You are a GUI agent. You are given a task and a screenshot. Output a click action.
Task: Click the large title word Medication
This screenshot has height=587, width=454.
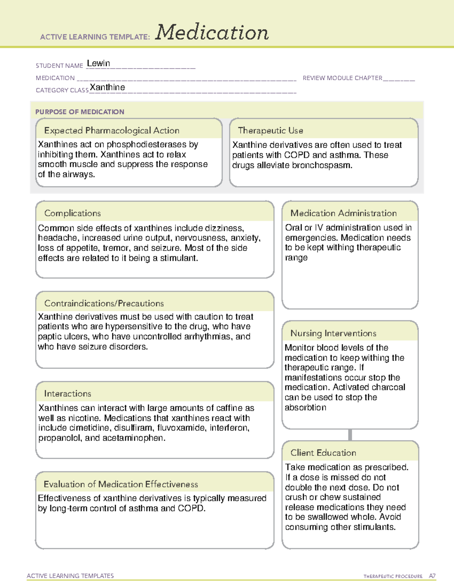(x=212, y=33)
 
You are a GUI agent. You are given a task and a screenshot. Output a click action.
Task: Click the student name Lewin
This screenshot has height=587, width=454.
(x=98, y=64)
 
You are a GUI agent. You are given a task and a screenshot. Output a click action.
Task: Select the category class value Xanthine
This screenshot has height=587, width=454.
(x=107, y=87)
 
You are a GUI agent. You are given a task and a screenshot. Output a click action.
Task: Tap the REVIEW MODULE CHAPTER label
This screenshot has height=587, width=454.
(x=342, y=78)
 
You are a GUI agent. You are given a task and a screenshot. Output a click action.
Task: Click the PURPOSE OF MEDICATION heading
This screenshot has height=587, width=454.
(x=80, y=112)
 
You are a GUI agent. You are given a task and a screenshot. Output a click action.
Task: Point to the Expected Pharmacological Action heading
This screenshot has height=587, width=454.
(x=112, y=130)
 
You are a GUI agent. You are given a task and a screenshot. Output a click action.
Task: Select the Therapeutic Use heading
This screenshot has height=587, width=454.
(x=271, y=130)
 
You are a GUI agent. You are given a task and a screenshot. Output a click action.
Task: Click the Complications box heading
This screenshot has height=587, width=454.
(x=73, y=213)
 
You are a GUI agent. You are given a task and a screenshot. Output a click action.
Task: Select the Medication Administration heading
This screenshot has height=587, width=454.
(x=344, y=213)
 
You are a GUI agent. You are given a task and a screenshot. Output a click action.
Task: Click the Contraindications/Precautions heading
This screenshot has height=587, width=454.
(x=104, y=303)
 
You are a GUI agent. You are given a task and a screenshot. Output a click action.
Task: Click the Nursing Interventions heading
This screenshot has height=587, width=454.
(x=333, y=333)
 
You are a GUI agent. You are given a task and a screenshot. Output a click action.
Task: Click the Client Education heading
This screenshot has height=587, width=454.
(x=323, y=453)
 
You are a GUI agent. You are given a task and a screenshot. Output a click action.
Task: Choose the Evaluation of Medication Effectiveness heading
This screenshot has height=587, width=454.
(x=121, y=484)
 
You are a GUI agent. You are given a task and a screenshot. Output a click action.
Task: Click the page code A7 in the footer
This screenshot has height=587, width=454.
(x=432, y=576)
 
